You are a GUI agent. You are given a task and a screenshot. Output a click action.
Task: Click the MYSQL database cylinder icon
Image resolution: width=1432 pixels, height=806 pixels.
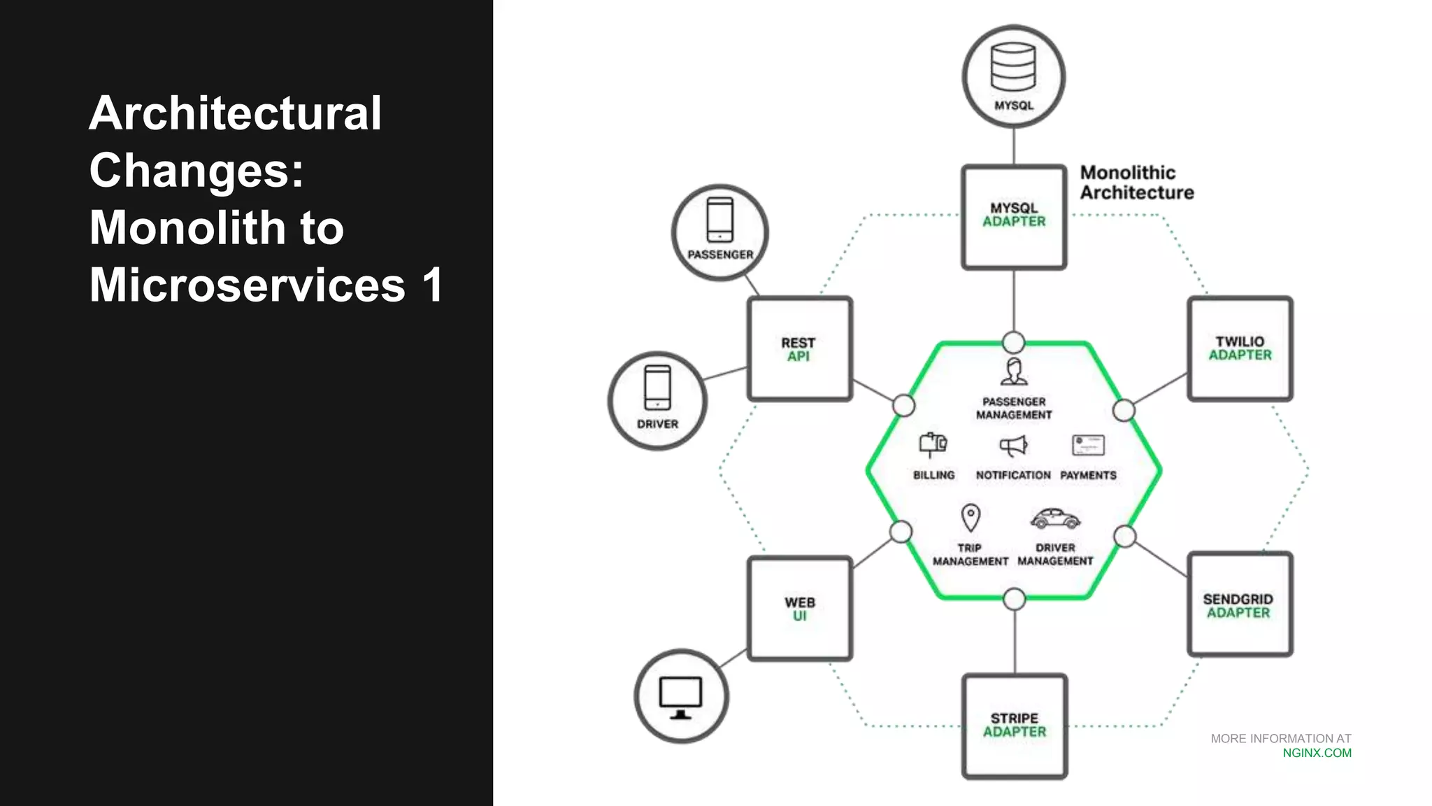tap(1013, 67)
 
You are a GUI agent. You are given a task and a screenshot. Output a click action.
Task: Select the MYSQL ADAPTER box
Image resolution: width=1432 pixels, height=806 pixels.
tap(1014, 217)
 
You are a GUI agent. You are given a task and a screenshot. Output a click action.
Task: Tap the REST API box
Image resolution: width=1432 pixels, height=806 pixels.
tap(799, 349)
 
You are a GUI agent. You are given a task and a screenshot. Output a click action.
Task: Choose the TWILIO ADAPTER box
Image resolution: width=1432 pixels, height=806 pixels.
tap(1240, 348)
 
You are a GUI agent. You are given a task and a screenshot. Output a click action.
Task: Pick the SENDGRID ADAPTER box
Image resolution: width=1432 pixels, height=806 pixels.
tap(1239, 605)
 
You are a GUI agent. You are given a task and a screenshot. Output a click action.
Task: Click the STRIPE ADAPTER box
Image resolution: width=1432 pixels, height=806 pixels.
tap(1015, 726)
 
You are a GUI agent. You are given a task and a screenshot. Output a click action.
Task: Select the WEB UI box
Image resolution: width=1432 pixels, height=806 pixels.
tap(800, 609)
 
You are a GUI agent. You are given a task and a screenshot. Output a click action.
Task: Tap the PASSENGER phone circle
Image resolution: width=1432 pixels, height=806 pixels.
tap(720, 232)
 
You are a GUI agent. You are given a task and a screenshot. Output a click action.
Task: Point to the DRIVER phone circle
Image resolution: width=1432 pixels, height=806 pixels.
tap(657, 401)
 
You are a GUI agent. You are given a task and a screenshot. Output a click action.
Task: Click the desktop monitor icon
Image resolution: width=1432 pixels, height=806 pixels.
tap(681, 698)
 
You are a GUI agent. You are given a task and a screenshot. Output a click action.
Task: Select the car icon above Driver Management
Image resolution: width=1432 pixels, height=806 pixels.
tap(1055, 519)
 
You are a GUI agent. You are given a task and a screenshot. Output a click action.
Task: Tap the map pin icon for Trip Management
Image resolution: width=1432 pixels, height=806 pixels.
tap(971, 518)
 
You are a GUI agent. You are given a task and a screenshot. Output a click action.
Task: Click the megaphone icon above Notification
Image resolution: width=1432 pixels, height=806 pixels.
tap(1013, 446)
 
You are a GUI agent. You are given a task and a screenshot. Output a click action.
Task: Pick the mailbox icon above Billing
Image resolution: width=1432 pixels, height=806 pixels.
tap(933, 444)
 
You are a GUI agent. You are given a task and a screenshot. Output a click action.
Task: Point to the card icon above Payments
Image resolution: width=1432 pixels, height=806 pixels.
tap(1088, 445)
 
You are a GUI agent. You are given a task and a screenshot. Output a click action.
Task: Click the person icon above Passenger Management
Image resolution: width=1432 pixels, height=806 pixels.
tap(1014, 372)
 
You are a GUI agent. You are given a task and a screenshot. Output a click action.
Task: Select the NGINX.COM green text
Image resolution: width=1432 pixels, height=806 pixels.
tap(1317, 754)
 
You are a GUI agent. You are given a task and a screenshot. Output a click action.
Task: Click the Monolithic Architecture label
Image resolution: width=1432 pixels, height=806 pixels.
tap(1136, 183)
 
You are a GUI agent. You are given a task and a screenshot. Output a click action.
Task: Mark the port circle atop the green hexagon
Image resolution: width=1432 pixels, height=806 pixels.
tap(1014, 342)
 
